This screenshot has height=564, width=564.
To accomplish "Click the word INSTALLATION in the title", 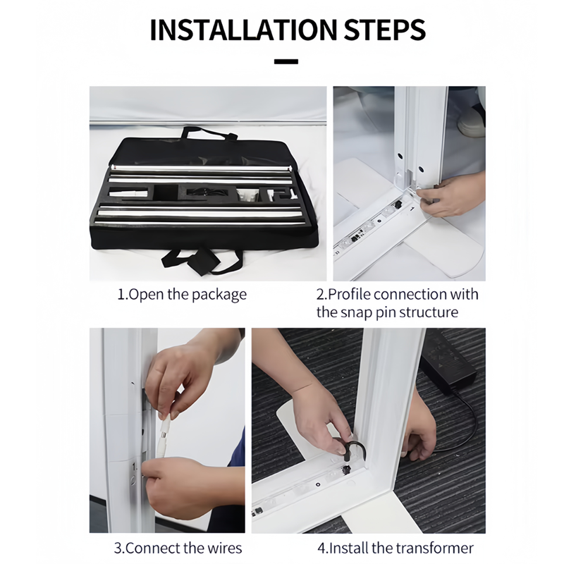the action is point(243,30).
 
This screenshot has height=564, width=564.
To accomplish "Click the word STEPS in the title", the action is point(385,30).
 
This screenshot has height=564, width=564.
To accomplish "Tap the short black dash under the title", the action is point(286,61).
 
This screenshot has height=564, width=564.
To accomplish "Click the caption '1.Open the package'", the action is point(183,295).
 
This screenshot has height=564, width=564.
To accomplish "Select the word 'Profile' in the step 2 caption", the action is point(349,294).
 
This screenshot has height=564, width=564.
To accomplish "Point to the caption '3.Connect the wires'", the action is point(178,548).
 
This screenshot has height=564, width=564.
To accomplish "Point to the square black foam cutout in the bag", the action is point(165,192).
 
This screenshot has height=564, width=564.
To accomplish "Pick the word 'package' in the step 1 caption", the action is point(219,295).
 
